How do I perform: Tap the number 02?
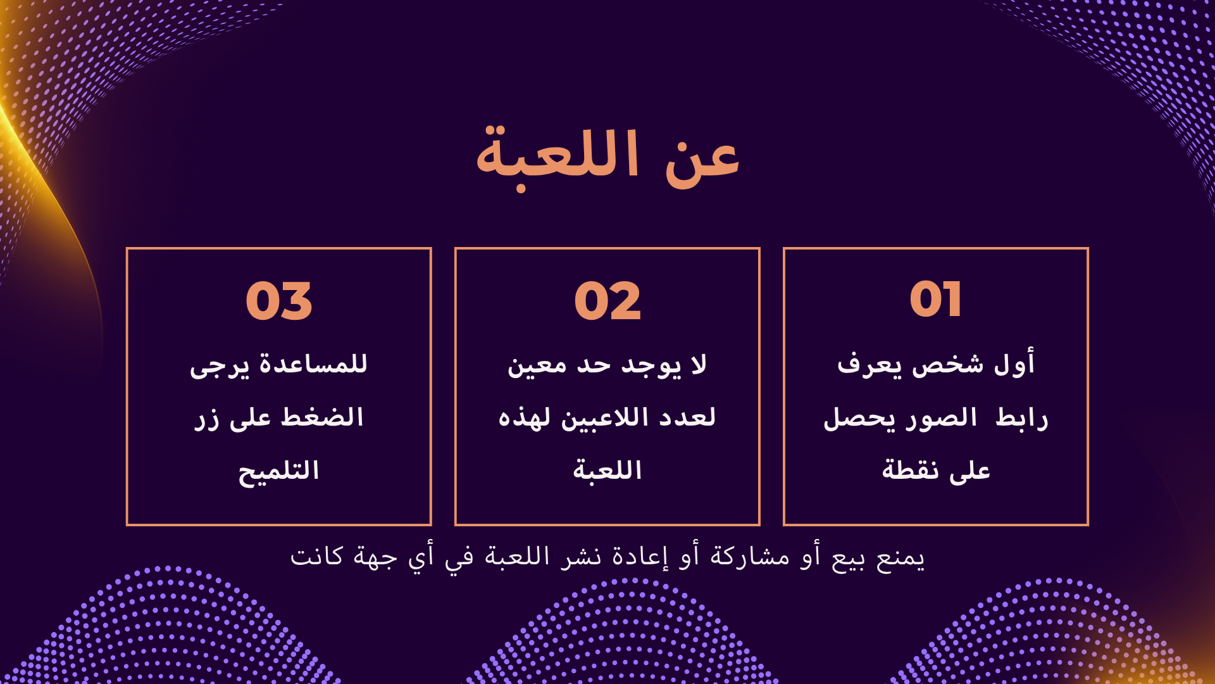tap(607, 301)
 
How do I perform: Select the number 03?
tap(279, 301)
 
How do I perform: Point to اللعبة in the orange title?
tap(557, 155)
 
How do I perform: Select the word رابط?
tap(1022, 418)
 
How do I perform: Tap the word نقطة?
tap(910, 470)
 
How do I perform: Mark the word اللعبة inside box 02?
tap(607, 470)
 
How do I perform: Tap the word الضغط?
tap(322, 418)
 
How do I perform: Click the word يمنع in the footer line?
tap(900, 558)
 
